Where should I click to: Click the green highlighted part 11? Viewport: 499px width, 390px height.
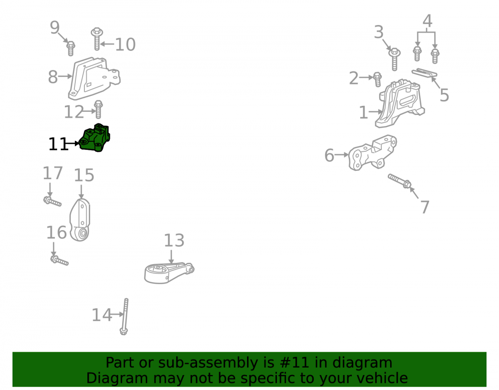tap(94, 138)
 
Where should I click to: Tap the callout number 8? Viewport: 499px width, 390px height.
tap(53, 77)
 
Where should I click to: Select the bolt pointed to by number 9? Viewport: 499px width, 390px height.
tap(71, 48)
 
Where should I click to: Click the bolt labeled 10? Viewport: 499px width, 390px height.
tap(97, 39)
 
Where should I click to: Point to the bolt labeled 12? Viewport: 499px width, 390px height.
tap(98, 109)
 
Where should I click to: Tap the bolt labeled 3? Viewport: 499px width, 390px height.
tap(394, 59)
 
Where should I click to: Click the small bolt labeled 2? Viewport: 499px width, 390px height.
tap(377, 79)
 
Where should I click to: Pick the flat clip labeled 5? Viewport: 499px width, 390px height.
tap(424, 73)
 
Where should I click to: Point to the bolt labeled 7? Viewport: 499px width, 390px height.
tap(400, 181)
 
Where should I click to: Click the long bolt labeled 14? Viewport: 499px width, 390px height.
tap(125, 317)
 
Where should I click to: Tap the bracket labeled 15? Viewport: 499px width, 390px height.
tap(80, 220)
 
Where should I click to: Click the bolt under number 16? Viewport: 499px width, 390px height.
tap(59, 261)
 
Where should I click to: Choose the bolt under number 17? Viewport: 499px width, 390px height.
tap(52, 202)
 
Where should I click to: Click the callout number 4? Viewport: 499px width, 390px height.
tap(427, 21)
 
